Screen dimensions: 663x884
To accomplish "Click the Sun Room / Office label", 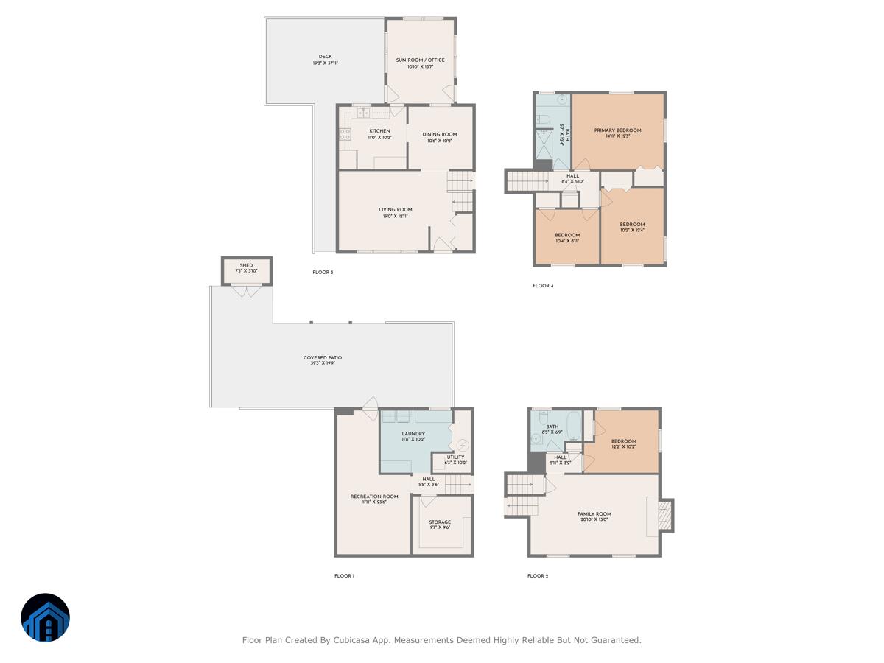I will point(421,60).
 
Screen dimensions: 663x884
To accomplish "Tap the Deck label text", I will point(325,57).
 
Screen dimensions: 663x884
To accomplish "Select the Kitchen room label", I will point(380,131).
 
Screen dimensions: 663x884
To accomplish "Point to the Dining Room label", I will point(440,134).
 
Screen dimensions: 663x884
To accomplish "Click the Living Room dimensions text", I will point(395,217).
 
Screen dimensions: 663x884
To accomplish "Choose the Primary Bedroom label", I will point(617,130).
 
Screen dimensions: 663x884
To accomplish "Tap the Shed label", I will point(246,265).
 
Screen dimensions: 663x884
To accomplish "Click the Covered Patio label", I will point(323,358).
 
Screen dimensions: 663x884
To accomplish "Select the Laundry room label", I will point(413,434).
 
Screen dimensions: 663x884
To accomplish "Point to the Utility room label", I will point(455,457).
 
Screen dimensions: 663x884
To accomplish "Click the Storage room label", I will point(440,522).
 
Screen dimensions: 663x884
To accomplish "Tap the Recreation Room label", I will point(373,497).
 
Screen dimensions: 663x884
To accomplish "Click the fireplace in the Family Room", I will point(665,515).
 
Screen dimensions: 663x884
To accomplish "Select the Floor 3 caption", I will point(323,273).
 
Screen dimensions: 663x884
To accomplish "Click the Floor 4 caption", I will point(543,286).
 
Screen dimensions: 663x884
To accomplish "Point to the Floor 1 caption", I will point(344,576).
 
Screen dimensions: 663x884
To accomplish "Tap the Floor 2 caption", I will point(538,576).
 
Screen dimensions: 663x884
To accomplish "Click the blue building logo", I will point(45,618).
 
